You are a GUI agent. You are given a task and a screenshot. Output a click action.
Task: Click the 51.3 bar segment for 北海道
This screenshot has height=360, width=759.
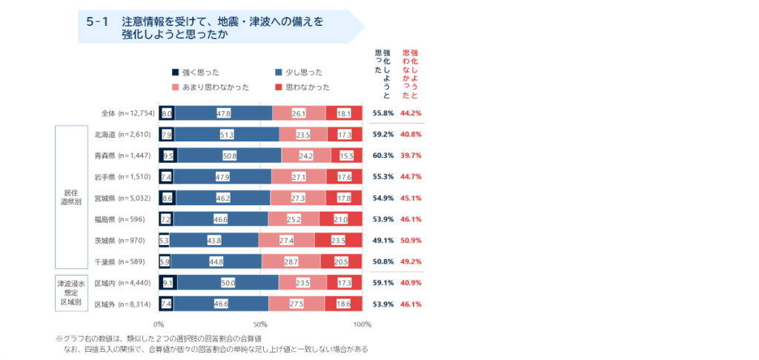click(227, 134)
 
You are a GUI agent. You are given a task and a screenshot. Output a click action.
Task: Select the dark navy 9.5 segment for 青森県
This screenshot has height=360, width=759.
click(168, 156)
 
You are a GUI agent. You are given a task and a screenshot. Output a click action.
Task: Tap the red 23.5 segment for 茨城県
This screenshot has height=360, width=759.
click(338, 240)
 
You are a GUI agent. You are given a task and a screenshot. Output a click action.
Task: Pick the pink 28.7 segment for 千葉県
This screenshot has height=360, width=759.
click(291, 261)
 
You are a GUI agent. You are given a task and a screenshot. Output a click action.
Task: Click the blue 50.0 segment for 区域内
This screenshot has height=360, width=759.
click(228, 282)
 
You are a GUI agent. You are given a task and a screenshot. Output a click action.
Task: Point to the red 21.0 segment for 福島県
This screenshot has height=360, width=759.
click(341, 219)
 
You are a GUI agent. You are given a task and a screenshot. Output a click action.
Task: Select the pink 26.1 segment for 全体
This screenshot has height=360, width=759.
click(299, 113)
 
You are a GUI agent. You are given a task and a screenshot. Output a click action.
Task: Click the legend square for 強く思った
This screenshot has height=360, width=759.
click(175, 73)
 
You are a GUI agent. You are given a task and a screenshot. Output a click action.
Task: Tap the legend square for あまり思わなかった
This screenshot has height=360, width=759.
click(175, 87)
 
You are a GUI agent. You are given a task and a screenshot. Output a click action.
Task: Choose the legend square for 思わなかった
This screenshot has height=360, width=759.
click(279, 87)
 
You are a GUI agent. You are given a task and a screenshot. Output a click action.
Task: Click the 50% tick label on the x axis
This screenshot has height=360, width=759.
click(260, 324)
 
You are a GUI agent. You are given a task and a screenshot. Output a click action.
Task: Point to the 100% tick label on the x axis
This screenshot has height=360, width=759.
click(362, 324)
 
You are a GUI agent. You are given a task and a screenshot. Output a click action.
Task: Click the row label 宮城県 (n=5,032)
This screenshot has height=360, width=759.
click(123, 198)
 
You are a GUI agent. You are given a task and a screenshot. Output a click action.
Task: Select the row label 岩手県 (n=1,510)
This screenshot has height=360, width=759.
click(123, 176)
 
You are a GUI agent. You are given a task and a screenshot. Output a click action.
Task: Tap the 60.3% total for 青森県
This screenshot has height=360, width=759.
click(383, 156)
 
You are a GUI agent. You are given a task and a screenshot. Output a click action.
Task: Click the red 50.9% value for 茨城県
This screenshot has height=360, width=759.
click(411, 240)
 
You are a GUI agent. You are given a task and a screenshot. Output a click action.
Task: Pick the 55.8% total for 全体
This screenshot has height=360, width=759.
click(383, 113)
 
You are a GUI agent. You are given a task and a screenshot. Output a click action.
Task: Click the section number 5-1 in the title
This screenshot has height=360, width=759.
click(98, 21)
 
